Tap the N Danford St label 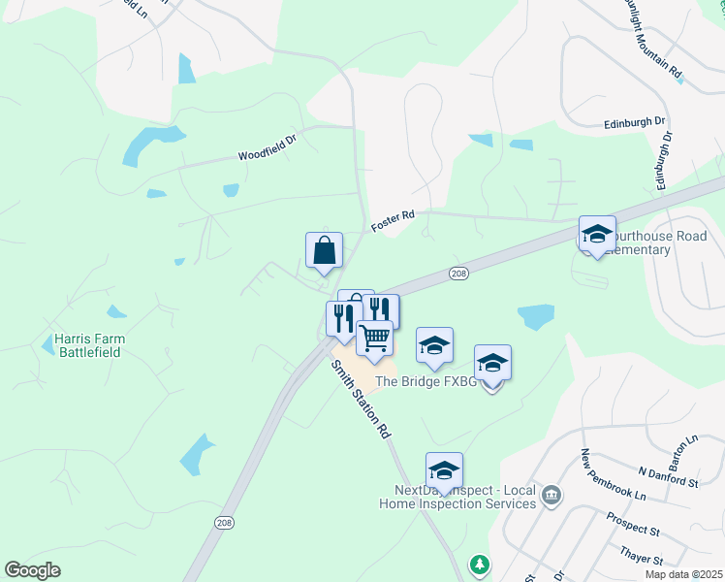[669, 477]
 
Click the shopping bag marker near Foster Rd [324, 250]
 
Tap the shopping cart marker [374, 339]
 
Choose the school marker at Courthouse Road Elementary [597, 234]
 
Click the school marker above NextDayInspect [444, 470]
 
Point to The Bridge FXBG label [426, 382]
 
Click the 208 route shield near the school [459, 275]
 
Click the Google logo [32, 570]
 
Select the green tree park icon [478, 563]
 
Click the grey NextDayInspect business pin [552, 496]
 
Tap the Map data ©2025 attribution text [683, 574]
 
